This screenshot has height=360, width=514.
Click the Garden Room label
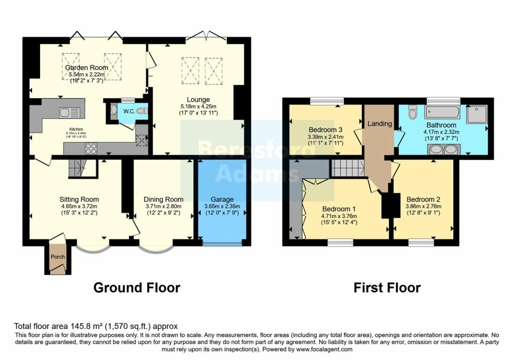[x=86, y=68]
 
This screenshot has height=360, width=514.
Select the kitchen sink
[x=69, y=113]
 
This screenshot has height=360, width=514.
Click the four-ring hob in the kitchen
[x=91, y=148]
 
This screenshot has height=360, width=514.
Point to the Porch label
[x=58, y=257]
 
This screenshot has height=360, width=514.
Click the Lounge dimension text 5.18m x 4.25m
[x=198, y=106]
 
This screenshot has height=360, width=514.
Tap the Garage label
[x=222, y=199]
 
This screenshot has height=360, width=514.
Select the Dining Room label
[x=163, y=199]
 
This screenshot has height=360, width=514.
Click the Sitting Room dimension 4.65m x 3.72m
[x=79, y=206]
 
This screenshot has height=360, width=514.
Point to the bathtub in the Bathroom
[x=442, y=112]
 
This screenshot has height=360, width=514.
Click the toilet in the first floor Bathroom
[x=413, y=112]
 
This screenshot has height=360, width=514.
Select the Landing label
[x=379, y=124]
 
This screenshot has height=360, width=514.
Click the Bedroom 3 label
[x=325, y=130]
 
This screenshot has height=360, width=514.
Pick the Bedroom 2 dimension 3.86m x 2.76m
[x=423, y=206]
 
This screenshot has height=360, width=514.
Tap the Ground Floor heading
[x=137, y=288]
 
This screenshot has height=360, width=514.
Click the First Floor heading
[x=387, y=288]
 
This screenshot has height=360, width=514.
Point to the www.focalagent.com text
[x=324, y=349]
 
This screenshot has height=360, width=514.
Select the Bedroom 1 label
[x=339, y=209]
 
